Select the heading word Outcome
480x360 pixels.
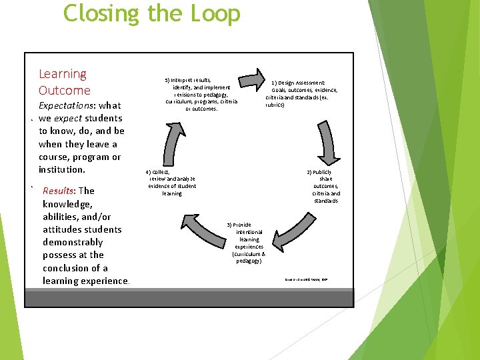point(64,90)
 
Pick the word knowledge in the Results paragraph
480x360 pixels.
point(68,203)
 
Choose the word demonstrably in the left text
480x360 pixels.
point(73,242)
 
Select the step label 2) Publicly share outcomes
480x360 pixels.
point(325,186)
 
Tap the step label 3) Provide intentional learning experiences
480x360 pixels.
point(249,243)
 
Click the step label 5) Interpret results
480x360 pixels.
point(201,94)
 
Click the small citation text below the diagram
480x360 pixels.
point(307,279)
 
